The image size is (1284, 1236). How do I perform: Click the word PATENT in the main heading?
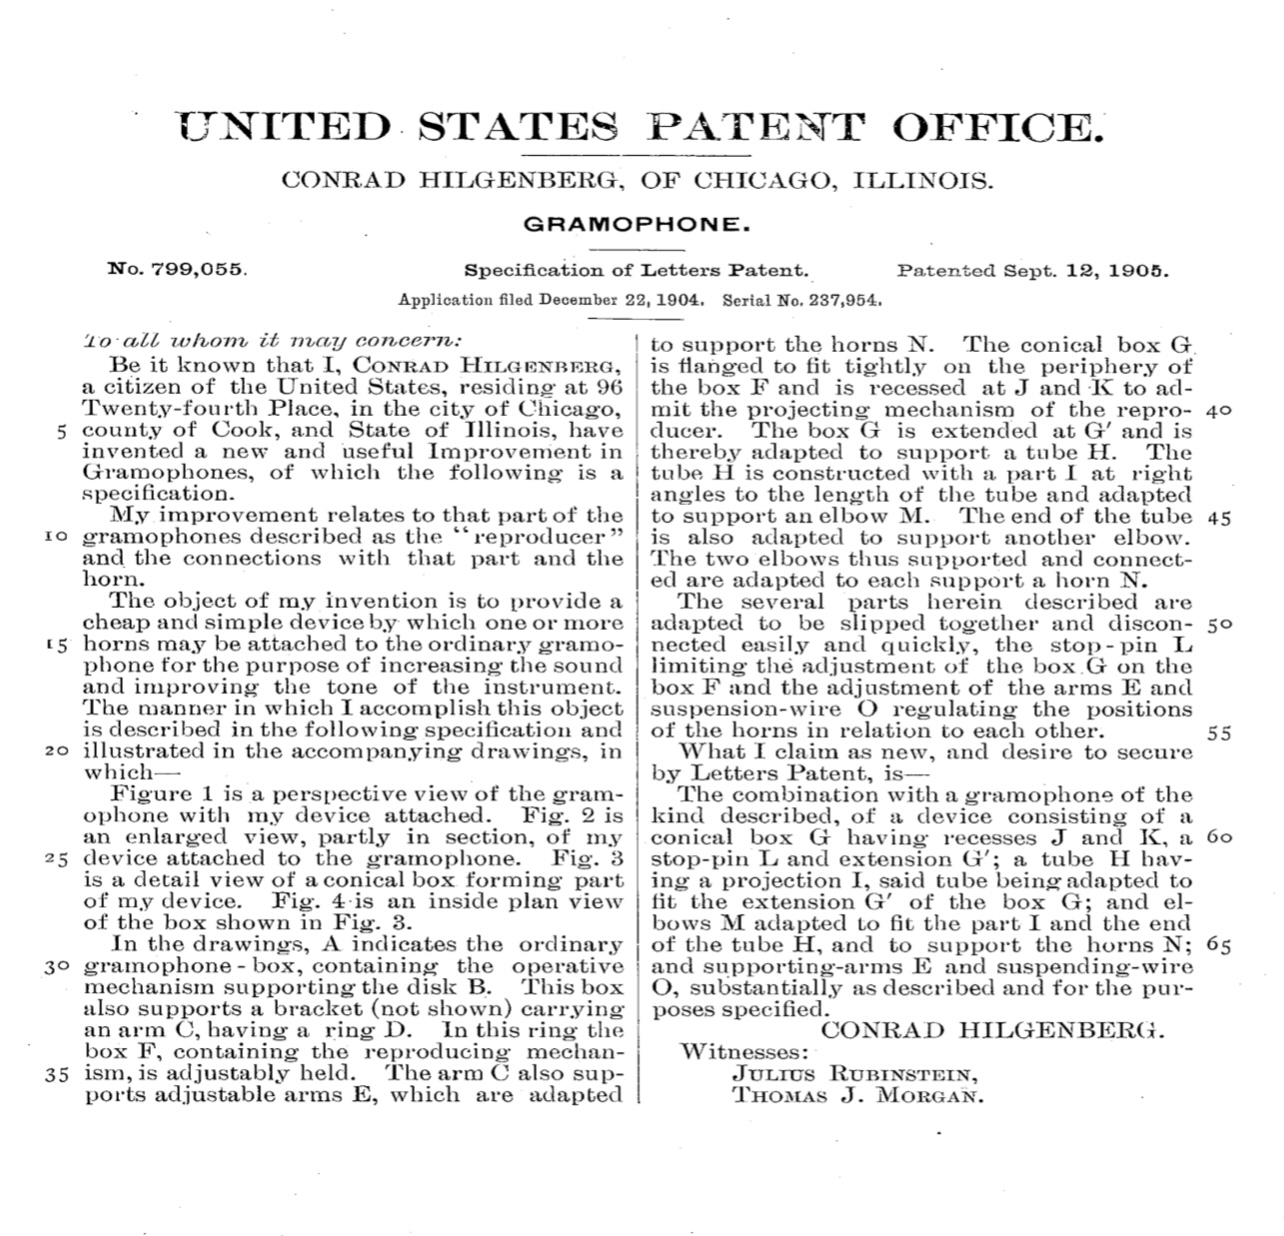(756, 128)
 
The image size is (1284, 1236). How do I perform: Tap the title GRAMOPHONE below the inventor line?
(637, 224)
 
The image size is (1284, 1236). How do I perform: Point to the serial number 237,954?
(841, 298)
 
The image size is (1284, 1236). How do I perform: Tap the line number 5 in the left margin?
(63, 431)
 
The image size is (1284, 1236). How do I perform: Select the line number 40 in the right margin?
(1218, 410)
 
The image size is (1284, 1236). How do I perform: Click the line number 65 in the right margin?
(1218, 945)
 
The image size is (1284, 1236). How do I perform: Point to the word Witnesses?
(743, 1051)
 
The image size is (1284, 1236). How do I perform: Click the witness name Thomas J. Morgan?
(857, 1096)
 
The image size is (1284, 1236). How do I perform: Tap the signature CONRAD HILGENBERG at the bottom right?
(992, 1030)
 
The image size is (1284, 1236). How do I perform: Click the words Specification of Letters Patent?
(636, 270)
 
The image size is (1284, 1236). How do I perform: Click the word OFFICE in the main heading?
(999, 128)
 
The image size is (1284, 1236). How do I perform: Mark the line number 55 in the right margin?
(1218, 731)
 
